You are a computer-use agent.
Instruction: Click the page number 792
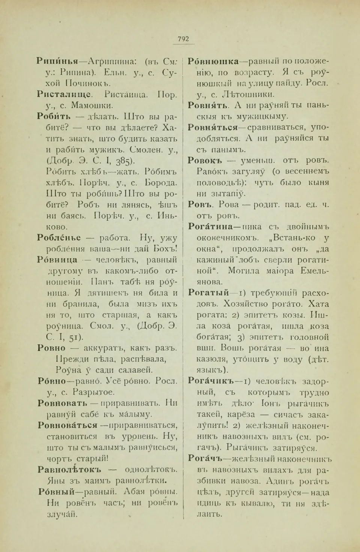click(x=183, y=39)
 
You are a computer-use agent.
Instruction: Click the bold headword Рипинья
click(x=57, y=61)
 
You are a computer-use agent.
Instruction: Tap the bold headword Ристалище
click(x=64, y=95)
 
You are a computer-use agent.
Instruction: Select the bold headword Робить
click(x=54, y=117)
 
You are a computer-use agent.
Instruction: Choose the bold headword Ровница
click(x=57, y=260)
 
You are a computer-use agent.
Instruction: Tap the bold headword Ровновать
click(x=62, y=403)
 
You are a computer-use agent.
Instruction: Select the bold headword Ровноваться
click(x=67, y=426)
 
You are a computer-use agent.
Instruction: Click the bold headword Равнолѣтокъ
click(x=69, y=470)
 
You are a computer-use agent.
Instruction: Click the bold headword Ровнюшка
click(x=213, y=61)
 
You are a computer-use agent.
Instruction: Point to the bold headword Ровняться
click(x=213, y=128)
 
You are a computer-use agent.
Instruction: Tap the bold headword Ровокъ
click(x=205, y=161)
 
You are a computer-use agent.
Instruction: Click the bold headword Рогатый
click(x=208, y=293)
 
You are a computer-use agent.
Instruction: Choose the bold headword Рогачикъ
click(x=210, y=382)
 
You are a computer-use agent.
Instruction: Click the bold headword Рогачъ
click(x=205, y=459)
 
